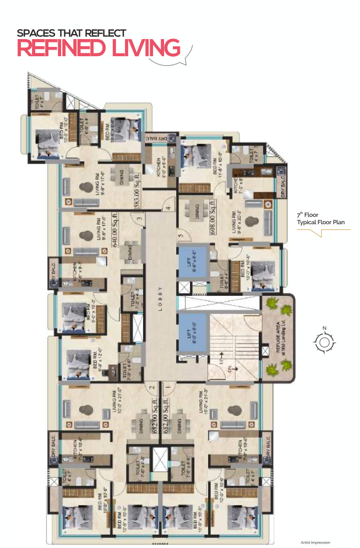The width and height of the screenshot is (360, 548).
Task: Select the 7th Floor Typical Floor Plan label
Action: click(x=315, y=219)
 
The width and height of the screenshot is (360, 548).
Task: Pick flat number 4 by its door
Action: click(x=170, y=208)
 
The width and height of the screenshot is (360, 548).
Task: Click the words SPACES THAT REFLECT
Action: click(x=72, y=33)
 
